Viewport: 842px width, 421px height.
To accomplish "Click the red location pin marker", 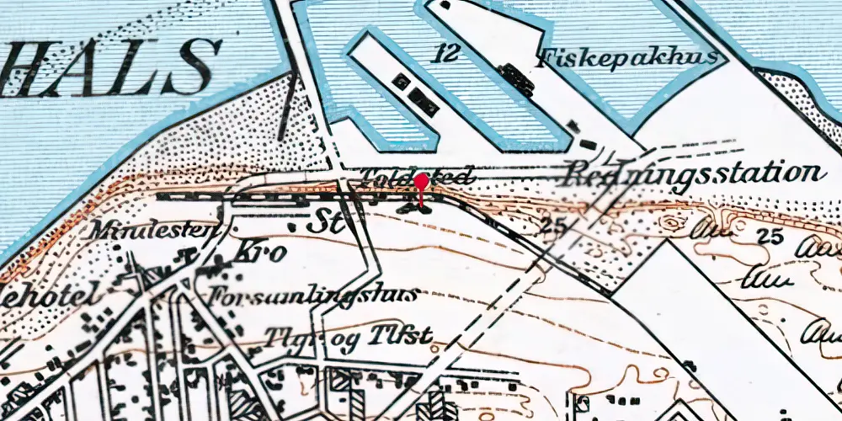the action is [x=420, y=185].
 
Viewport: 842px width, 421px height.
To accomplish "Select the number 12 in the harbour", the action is [x=447, y=55].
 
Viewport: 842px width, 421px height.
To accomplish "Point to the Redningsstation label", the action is [x=694, y=173].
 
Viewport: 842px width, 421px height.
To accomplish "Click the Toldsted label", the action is [x=413, y=177].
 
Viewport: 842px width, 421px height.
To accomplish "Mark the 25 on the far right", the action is [x=769, y=236].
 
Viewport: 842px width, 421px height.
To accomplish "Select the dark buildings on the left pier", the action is [x=417, y=94].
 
